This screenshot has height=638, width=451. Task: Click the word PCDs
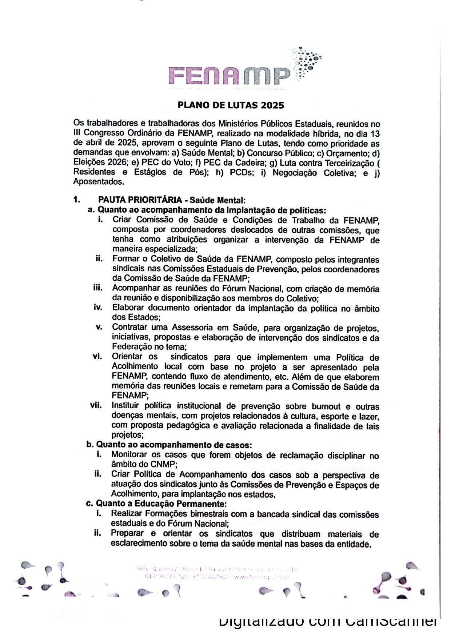coord(241,172)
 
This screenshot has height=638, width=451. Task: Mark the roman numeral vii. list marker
coord(97,405)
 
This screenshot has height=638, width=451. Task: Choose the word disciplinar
coord(348,456)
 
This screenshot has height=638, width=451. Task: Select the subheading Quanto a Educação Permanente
coord(161,504)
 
